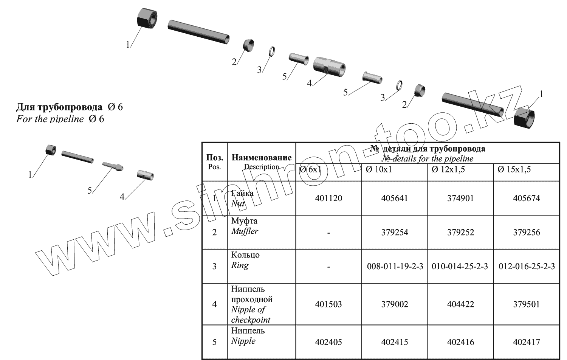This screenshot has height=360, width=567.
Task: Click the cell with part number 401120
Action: pyautogui.click(x=328, y=199)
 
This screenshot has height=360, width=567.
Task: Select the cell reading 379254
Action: pyautogui.click(x=395, y=233)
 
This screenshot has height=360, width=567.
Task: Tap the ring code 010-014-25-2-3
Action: pyautogui.click(x=460, y=267)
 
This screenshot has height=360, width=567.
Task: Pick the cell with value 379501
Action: pyautogui.click(x=526, y=304)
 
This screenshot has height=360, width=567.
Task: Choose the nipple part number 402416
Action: pyautogui.click(x=460, y=342)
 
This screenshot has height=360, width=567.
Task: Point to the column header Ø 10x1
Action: pyautogui.click(x=379, y=169)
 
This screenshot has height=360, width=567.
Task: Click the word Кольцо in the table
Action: pyautogui.click(x=245, y=255)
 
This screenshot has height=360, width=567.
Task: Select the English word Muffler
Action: pyautogui.click(x=245, y=231)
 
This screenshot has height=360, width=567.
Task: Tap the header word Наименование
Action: pyautogui.click(x=262, y=157)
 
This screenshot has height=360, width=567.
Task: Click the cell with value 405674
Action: pyautogui.click(x=526, y=199)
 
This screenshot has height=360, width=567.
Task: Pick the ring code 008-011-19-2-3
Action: pyautogui.click(x=395, y=267)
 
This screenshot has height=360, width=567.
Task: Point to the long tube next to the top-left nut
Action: pyautogui.click(x=198, y=31)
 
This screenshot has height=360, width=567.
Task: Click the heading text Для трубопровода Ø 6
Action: pyautogui.click(x=69, y=107)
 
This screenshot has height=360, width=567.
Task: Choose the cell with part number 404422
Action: pyautogui.click(x=460, y=304)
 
